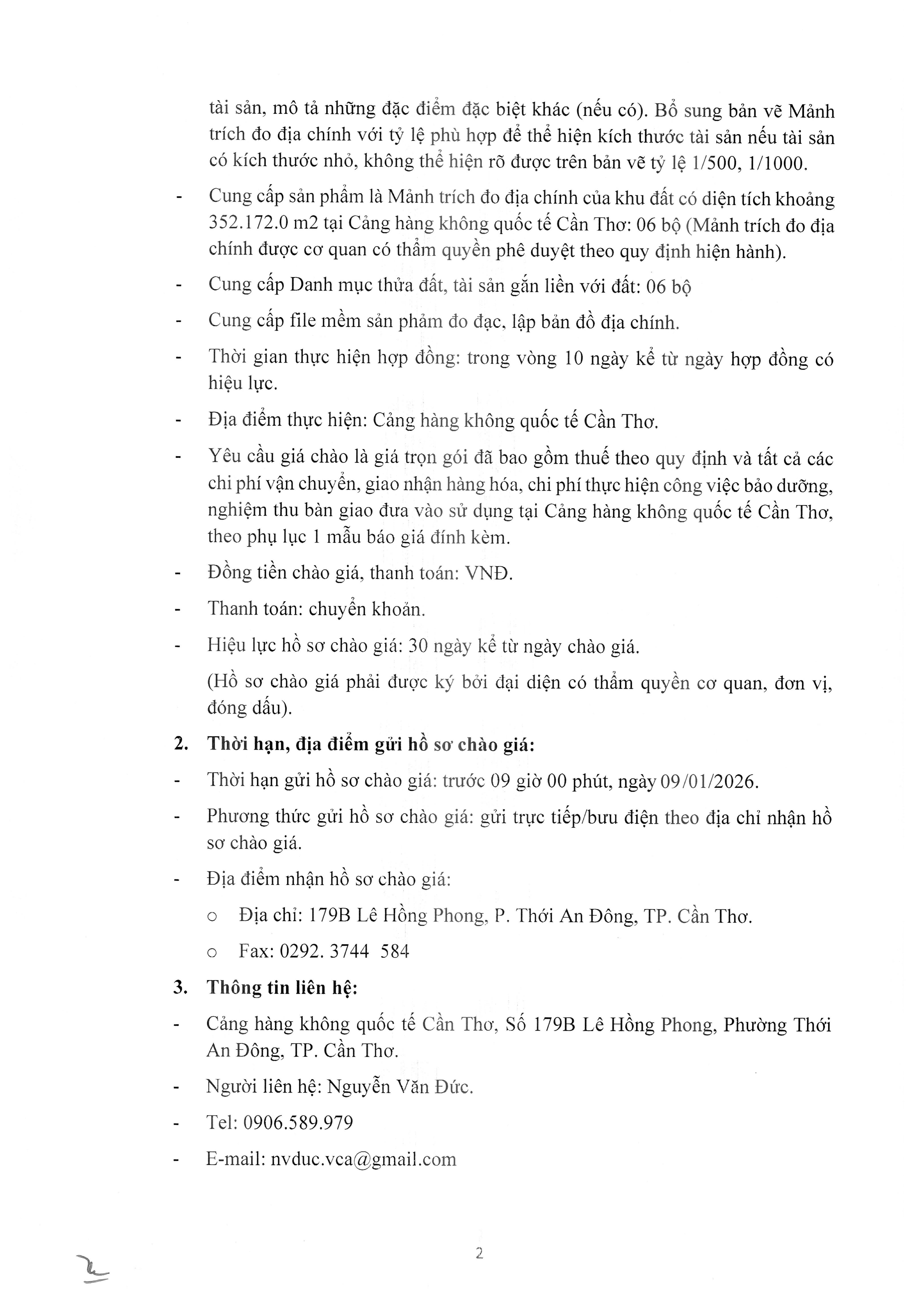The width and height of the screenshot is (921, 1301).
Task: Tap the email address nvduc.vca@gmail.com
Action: [x=363, y=1159]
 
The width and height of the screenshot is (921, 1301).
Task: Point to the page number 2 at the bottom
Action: [x=479, y=1253]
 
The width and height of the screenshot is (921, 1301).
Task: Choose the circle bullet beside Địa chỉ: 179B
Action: [x=212, y=917]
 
